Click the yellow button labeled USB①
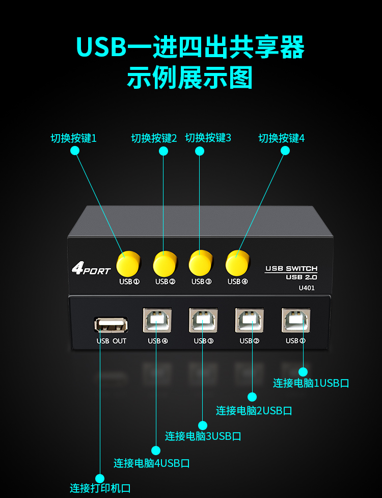click(127, 263)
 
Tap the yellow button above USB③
click(200, 263)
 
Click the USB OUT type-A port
click(111, 325)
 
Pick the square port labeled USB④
click(157, 320)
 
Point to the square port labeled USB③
click(203, 320)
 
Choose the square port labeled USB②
click(249, 320)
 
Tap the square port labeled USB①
click(295, 320)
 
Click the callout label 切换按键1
click(74, 138)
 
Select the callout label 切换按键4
click(282, 138)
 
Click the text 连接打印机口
click(100, 488)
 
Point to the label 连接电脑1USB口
click(311, 383)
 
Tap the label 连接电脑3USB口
click(203, 436)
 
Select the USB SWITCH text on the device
click(291, 268)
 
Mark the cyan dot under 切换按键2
click(163, 151)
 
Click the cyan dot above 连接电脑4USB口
click(156, 450)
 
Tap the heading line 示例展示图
click(190, 78)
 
